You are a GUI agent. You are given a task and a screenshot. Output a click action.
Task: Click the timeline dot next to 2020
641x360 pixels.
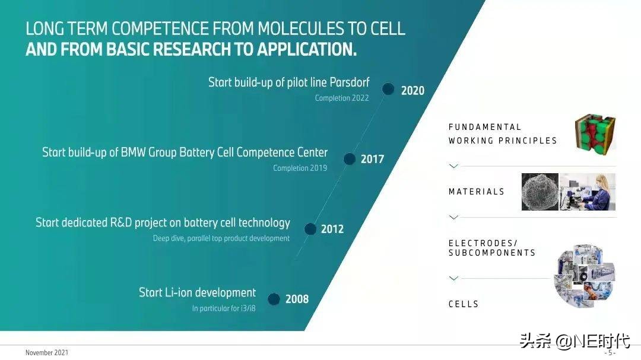(388, 89)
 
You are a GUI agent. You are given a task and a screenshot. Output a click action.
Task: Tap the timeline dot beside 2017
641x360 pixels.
(350, 159)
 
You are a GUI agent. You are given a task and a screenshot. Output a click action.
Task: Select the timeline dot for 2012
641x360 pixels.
(310, 229)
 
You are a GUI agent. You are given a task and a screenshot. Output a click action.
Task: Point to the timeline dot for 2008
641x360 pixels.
(274, 299)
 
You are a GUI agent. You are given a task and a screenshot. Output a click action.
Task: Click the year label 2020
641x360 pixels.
(412, 91)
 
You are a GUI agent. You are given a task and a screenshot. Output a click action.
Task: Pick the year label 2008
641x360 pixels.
(297, 300)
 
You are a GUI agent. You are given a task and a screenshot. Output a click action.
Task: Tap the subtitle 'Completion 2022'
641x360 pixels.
(342, 98)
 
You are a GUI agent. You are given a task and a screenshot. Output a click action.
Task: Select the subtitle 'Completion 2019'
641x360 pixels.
(300, 168)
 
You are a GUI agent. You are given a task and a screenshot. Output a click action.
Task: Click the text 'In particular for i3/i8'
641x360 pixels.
(224, 308)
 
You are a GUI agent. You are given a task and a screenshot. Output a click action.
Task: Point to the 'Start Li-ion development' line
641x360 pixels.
(197, 292)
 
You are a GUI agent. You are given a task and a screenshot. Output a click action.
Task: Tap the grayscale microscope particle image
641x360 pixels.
(540, 192)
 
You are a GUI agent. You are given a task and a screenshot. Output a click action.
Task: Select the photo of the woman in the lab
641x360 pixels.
(588, 192)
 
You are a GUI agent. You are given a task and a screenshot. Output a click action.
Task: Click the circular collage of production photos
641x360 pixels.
(584, 276)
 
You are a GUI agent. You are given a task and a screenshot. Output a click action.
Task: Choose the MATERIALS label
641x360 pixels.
(476, 192)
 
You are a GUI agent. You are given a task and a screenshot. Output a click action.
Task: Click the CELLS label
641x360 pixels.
(464, 304)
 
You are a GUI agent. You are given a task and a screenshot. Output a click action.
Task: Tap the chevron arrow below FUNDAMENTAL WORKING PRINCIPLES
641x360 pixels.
(453, 166)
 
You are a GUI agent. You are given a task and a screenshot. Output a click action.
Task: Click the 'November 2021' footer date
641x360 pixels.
(46, 353)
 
